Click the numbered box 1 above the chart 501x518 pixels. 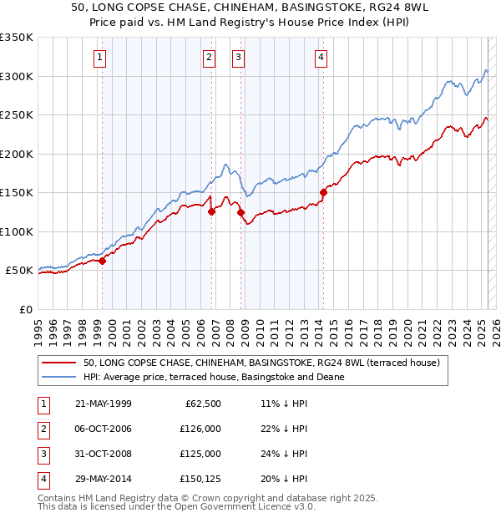pyautogui.click(x=99, y=58)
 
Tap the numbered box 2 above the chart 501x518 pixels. pyautogui.click(x=208, y=58)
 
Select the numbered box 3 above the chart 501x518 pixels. pyautogui.click(x=238, y=58)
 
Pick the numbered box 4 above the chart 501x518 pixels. pyautogui.click(x=321, y=58)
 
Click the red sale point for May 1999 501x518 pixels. pyautogui.click(x=103, y=261)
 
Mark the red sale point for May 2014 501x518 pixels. pyautogui.click(x=323, y=192)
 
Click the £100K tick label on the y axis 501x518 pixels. pyautogui.click(x=17, y=231)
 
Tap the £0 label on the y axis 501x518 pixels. pyautogui.click(x=24, y=309)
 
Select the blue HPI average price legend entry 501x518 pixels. pyautogui.click(x=213, y=377)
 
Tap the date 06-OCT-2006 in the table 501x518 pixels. pyautogui.click(x=104, y=429)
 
